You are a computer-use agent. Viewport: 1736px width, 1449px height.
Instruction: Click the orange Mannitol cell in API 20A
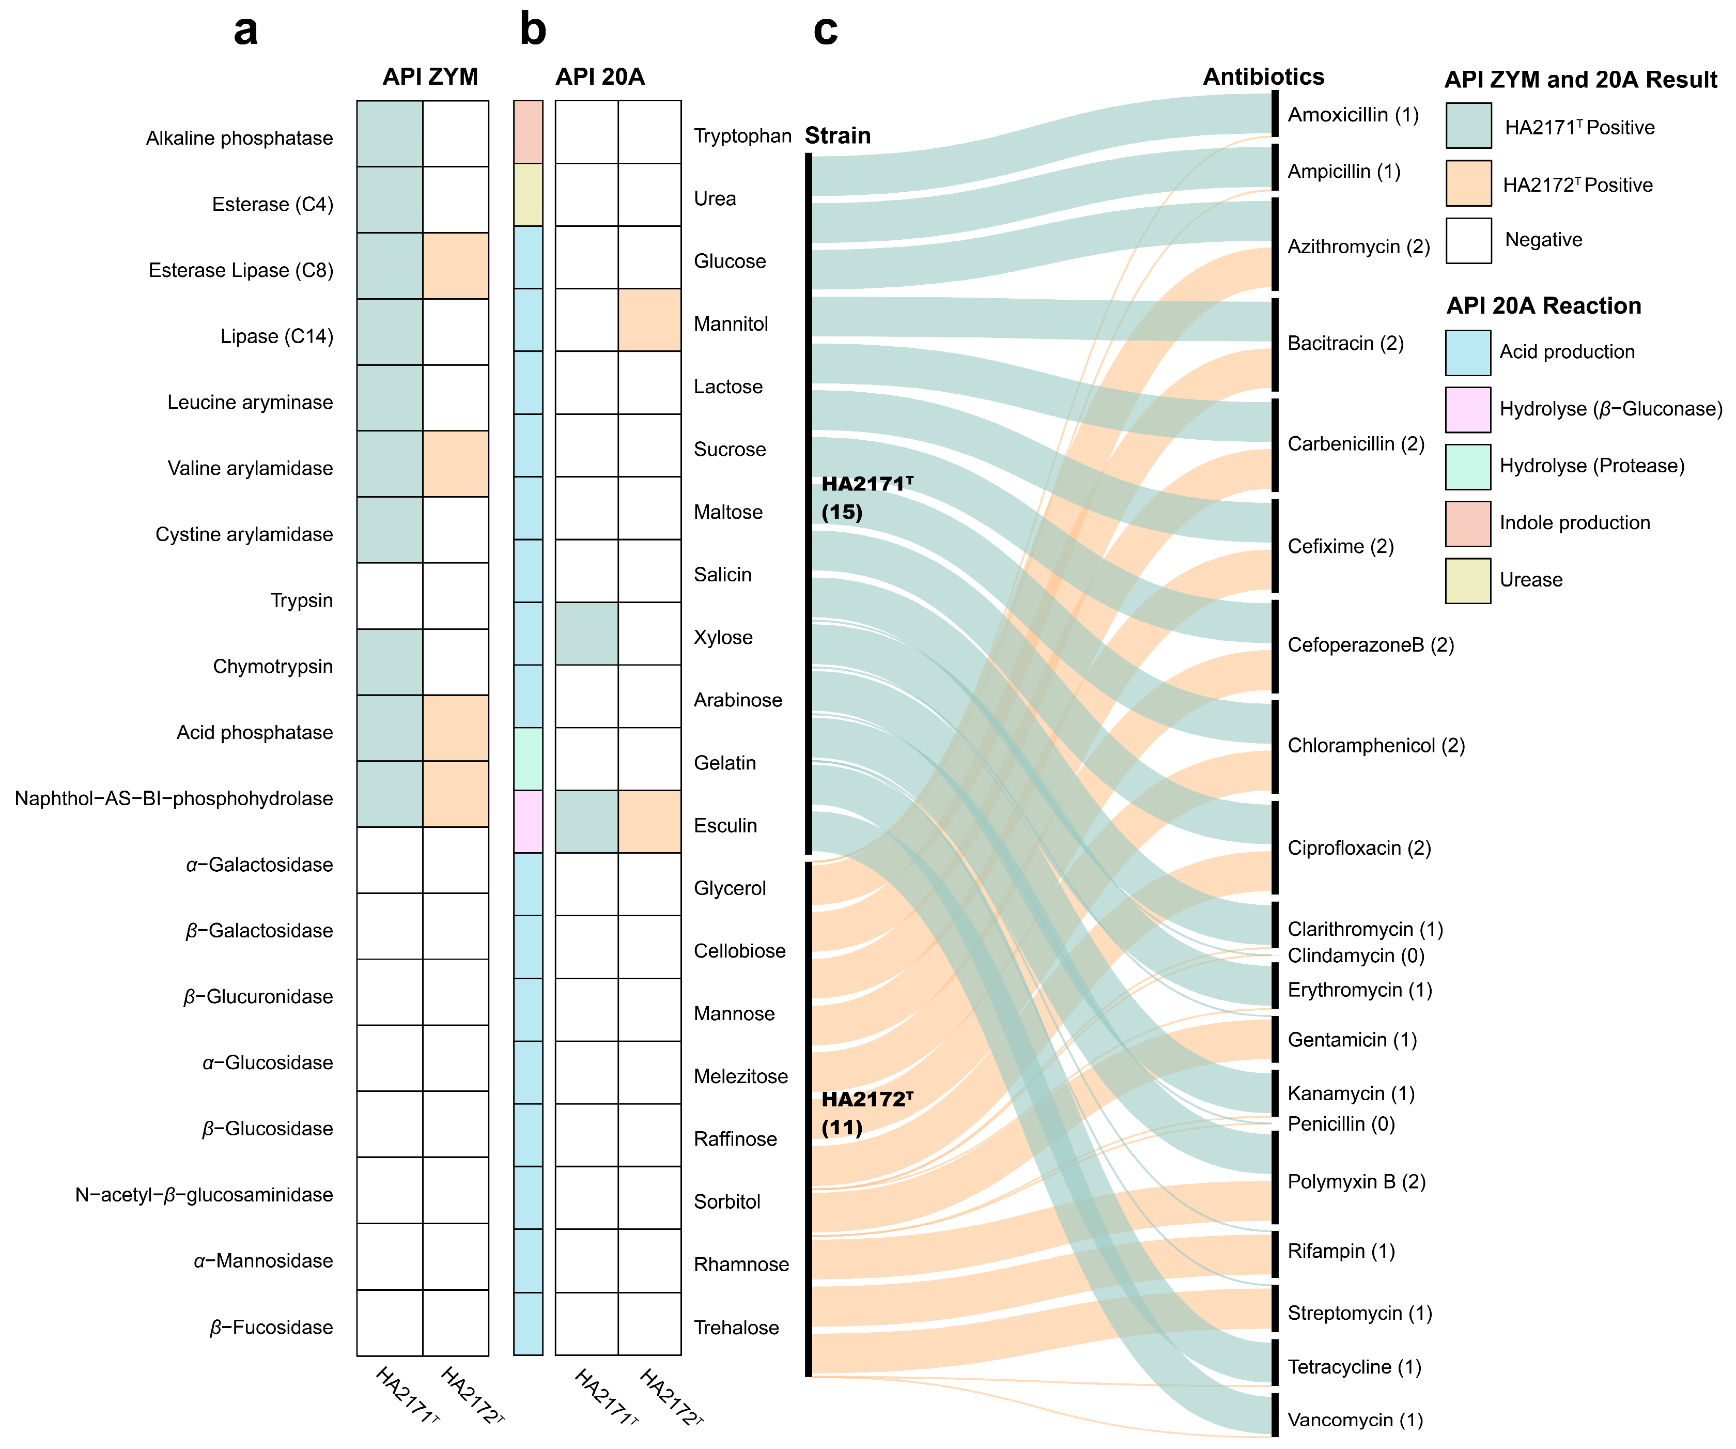650,320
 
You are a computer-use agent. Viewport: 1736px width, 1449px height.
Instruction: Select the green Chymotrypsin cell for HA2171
390,661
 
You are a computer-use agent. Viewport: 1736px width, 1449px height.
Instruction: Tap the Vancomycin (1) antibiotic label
1355,1420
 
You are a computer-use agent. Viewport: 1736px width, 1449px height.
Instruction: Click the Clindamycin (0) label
1356,956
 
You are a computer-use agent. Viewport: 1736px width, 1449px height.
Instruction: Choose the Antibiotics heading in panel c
1263,77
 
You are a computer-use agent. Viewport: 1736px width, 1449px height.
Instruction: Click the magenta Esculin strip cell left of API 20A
528,821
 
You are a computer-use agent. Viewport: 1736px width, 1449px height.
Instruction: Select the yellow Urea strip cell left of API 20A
528,194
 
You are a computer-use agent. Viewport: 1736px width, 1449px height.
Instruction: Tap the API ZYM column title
430,77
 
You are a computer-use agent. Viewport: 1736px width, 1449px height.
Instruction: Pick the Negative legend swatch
1468,241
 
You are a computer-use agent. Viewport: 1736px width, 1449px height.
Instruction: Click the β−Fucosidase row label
271,1328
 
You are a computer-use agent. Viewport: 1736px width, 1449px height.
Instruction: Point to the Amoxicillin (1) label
1353,115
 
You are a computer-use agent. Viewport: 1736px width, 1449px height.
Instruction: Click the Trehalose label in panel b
736,1328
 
